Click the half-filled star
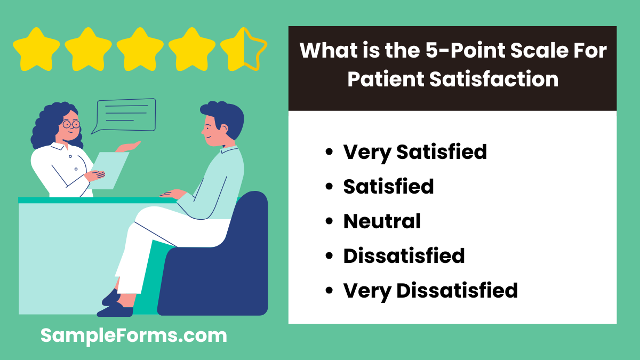tap(243, 50)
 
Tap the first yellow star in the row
tap(36, 50)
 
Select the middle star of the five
tap(140, 50)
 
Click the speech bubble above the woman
tap(124, 115)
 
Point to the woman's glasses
tap(70, 124)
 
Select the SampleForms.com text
tap(134, 336)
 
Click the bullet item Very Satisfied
tap(415, 152)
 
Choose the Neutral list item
tap(382, 221)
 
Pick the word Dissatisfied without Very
tap(404, 255)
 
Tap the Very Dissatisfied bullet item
tap(430, 290)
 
